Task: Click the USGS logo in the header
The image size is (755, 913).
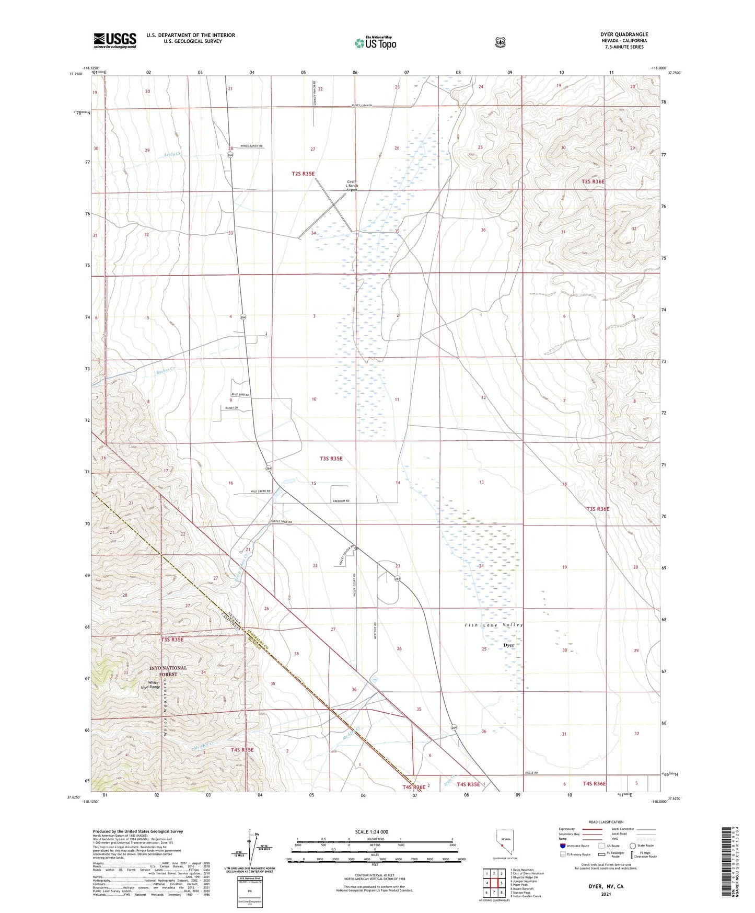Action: tap(115, 40)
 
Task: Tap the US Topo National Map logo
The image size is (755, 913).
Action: tap(374, 42)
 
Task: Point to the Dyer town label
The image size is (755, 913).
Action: tap(508, 645)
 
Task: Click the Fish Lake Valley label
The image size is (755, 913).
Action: tap(493, 625)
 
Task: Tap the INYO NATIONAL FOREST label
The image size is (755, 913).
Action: tap(167, 671)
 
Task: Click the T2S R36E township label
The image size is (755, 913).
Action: tap(593, 181)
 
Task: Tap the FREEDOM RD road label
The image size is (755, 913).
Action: tap(340, 501)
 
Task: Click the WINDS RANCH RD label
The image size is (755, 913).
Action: tap(251, 146)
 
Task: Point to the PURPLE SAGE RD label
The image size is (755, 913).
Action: tap(281, 522)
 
